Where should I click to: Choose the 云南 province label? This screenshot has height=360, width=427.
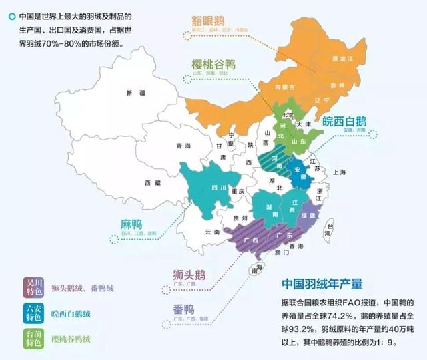click(x=212, y=232)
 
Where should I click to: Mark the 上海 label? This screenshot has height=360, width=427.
click(x=340, y=172)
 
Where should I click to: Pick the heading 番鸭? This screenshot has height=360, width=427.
click(x=180, y=309)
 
